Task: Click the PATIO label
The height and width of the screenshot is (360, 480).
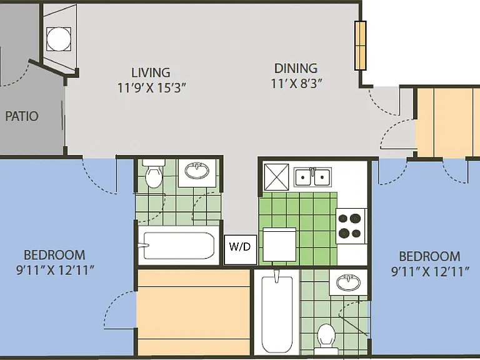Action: (x=22, y=116)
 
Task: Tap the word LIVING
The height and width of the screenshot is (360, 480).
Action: (x=151, y=73)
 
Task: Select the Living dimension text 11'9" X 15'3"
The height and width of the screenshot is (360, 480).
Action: (x=151, y=88)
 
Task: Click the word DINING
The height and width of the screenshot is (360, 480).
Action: (x=296, y=69)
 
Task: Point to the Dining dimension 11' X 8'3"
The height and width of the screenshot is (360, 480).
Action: (x=297, y=83)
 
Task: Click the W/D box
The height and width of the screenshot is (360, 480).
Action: (x=240, y=249)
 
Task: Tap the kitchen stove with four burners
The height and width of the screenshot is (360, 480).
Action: (x=351, y=226)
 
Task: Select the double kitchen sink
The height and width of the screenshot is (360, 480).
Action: (x=312, y=177)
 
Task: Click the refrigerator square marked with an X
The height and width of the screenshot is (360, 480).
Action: (x=276, y=177)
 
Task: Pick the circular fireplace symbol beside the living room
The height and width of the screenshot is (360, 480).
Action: (x=59, y=39)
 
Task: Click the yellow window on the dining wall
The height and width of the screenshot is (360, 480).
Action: (x=360, y=46)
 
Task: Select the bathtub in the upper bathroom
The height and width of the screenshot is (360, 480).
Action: (x=179, y=246)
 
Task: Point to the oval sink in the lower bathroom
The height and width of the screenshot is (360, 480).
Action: (x=348, y=282)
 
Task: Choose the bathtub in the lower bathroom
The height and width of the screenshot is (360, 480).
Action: (x=277, y=312)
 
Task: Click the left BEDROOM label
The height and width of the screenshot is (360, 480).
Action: (x=54, y=255)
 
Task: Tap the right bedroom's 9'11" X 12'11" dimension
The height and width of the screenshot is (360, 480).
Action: (x=430, y=271)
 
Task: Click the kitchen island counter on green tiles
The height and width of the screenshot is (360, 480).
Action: (x=279, y=244)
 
